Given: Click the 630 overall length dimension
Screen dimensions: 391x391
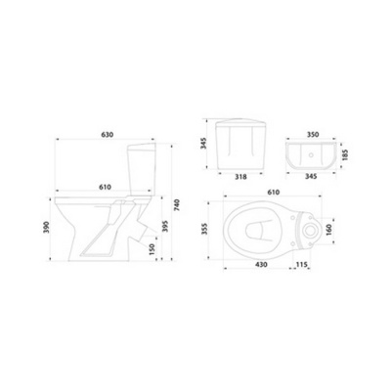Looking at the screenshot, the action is pos(108,134).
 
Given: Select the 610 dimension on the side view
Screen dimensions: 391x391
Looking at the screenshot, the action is pos(105,187).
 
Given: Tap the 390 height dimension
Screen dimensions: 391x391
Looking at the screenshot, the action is pos(46,227).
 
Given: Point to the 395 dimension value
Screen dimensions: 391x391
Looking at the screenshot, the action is pos(165,226).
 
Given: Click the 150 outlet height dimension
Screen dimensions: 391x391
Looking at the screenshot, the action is pos(152,249).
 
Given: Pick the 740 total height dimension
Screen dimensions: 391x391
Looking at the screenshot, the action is pos(177,204).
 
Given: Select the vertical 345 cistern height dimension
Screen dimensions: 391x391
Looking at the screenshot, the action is pos(203,144).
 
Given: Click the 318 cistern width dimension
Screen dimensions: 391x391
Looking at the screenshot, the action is pos(240,177).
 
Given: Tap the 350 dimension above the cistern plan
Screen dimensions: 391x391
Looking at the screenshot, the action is pos(313,134).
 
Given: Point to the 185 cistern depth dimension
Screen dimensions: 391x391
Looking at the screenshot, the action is pos(346,155).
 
